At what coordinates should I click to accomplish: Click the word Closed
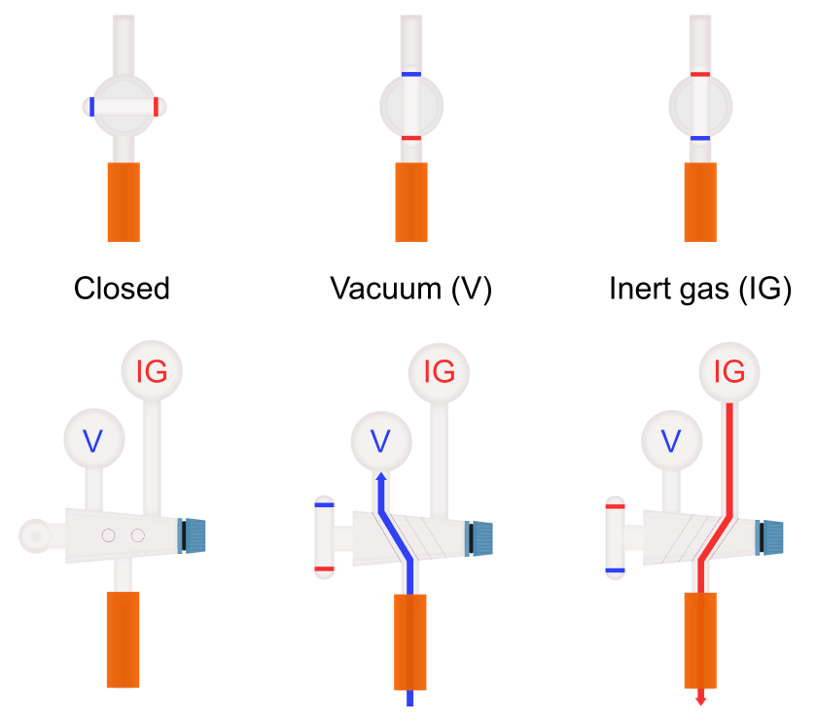(123, 289)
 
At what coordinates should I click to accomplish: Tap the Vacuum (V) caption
(411, 289)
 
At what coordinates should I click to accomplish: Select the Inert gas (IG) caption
(699, 289)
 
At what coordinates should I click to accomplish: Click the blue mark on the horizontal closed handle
(91, 107)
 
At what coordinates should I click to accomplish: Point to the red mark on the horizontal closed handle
(156, 107)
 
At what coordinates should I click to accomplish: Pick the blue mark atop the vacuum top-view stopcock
(410, 75)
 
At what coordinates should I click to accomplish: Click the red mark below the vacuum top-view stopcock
(410, 139)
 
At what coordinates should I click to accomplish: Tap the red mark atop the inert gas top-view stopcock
(699, 75)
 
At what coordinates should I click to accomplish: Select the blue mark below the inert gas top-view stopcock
(699, 139)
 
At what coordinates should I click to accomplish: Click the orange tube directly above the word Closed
(124, 201)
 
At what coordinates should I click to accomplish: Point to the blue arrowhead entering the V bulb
(381, 476)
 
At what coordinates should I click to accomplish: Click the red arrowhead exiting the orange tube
(700, 699)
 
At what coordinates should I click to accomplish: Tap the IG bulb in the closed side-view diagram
(152, 371)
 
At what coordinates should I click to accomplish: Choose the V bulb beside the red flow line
(670, 440)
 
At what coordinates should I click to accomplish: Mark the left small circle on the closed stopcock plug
(109, 535)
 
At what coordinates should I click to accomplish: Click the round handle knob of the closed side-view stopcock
(36, 533)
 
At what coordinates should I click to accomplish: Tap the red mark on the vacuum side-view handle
(325, 567)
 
